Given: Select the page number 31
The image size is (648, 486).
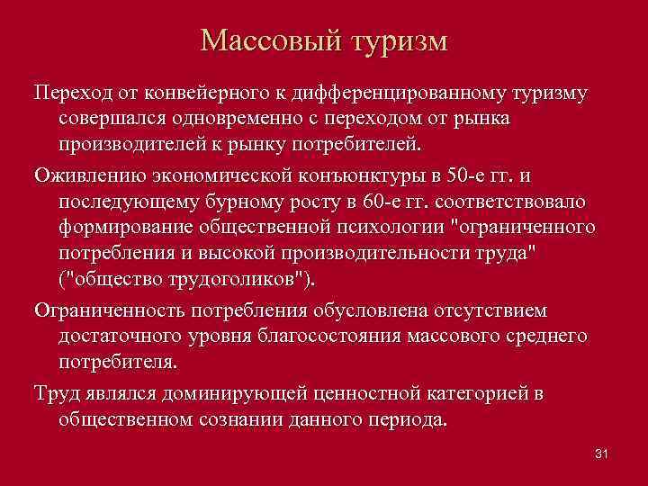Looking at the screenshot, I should (x=602, y=453).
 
